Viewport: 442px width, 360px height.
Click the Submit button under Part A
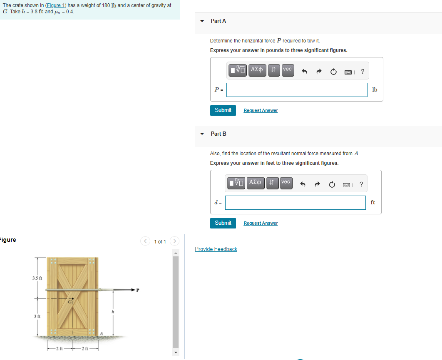click(223, 110)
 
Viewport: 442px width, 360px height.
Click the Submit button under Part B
click(223, 223)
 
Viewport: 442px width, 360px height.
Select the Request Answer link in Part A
click(261, 110)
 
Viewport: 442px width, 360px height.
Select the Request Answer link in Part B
click(261, 223)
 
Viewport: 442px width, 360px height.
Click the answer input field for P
click(297, 89)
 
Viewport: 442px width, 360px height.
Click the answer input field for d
click(295, 203)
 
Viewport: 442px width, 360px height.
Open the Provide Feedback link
click(216, 249)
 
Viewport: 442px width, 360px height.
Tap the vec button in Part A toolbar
click(287, 70)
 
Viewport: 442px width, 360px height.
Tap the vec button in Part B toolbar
click(286, 183)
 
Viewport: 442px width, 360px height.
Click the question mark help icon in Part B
click(361, 184)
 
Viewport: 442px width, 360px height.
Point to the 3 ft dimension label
click(37, 317)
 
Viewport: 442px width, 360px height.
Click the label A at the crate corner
click(100, 333)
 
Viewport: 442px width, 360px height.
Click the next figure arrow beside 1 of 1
click(175, 241)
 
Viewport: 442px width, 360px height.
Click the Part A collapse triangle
click(202, 21)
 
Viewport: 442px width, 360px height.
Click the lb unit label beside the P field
click(375, 89)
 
